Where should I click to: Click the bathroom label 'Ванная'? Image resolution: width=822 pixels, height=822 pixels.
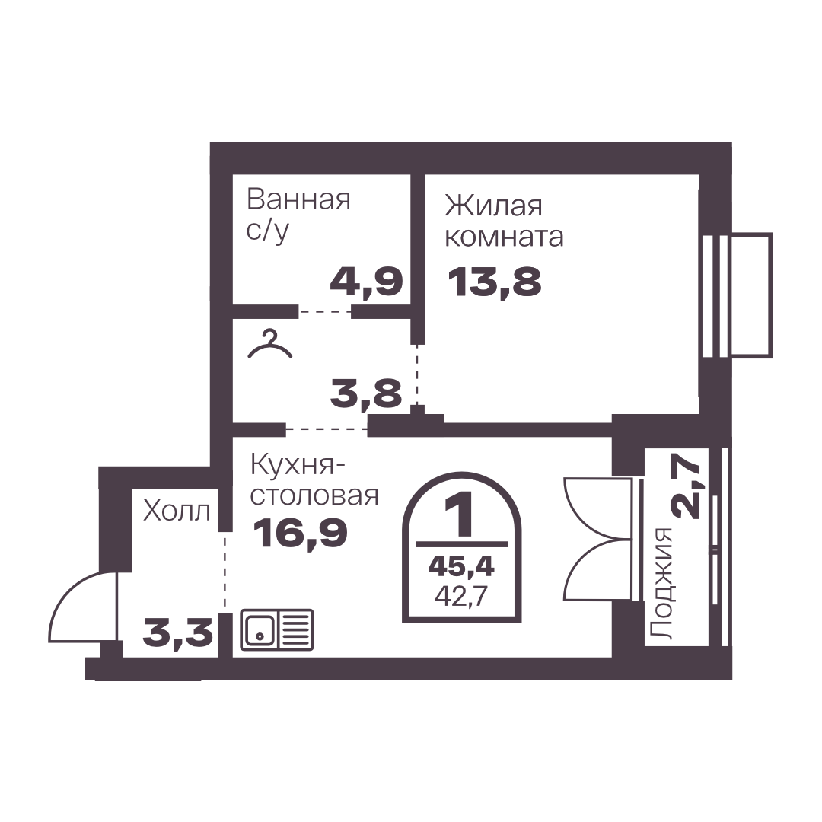coord(298,199)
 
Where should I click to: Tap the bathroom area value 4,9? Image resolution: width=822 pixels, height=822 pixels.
coord(366,282)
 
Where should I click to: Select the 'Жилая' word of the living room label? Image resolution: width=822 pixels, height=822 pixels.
coord(493,205)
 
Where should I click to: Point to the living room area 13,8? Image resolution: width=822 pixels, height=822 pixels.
coord(495,282)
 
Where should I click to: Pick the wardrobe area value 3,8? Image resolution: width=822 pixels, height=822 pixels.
coord(366,393)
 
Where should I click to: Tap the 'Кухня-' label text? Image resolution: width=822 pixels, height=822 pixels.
coord(298,465)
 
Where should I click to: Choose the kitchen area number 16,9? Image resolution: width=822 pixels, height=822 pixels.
coord(300,533)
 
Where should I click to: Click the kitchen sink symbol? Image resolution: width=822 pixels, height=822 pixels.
coord(277,629)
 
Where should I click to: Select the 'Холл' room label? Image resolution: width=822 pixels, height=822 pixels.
coord(177,511)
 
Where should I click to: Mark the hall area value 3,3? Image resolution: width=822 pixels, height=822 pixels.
coord(177,632)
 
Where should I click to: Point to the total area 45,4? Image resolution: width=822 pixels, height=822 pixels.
coord(461,567)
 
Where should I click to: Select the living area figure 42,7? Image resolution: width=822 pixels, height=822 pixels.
coord(461,597)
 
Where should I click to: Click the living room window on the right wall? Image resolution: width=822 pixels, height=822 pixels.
coord(736,295)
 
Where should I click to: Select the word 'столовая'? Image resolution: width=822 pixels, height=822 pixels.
coord(314,495)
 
